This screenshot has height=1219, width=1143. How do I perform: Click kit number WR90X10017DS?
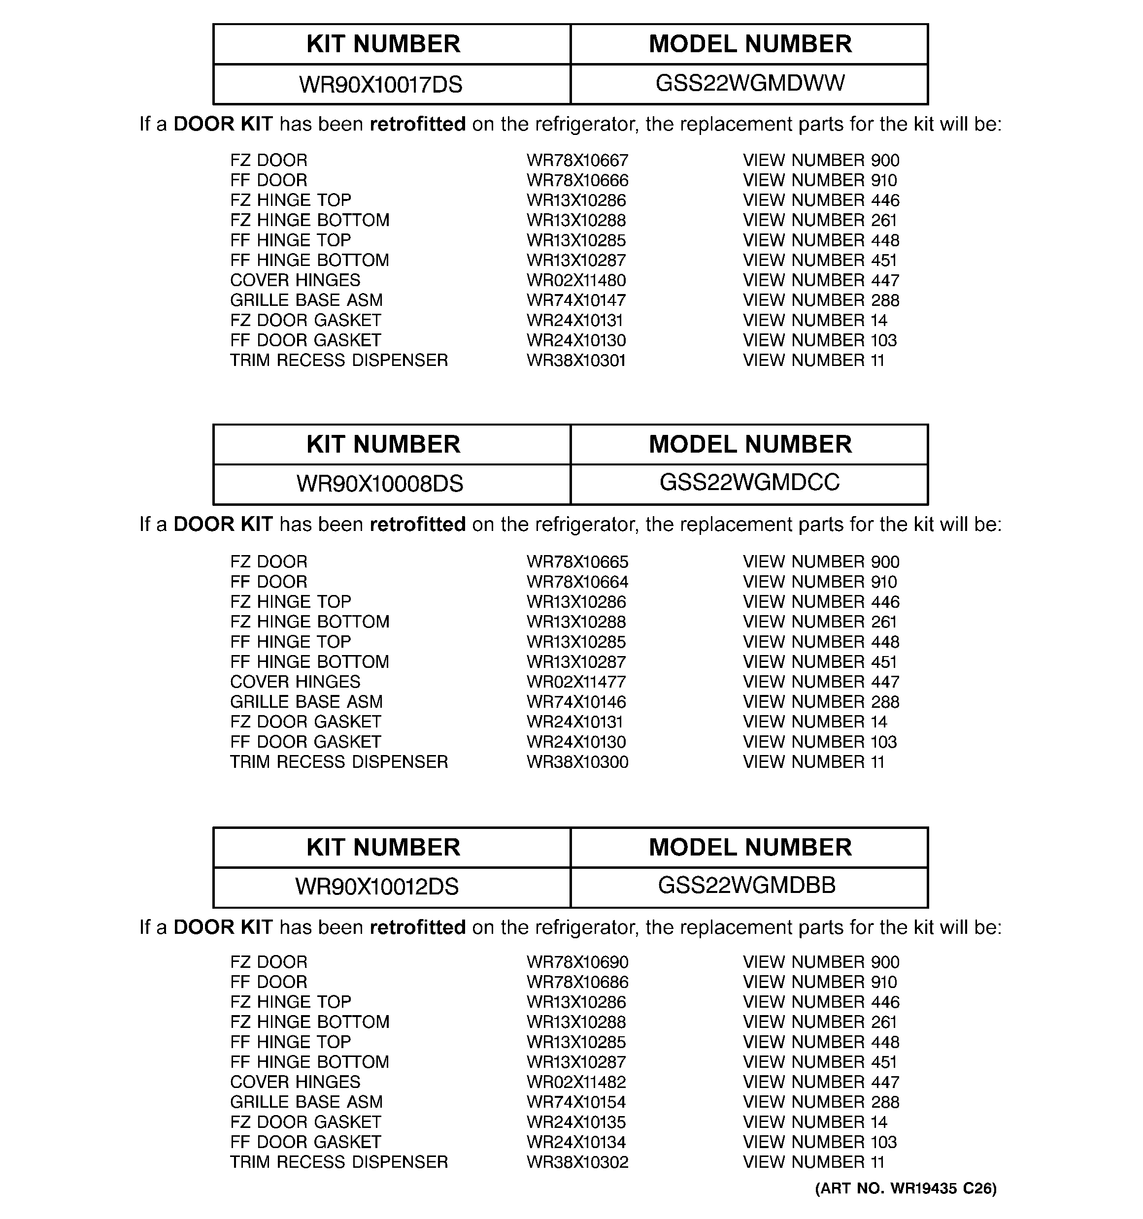pos(380,85)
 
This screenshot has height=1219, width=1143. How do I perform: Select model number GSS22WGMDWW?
pos(750,83)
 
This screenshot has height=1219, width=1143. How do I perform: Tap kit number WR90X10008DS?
pos(379,484)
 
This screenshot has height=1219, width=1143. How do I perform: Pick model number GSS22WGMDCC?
pos(749,483)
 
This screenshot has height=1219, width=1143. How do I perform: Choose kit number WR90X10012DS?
pos(377,887)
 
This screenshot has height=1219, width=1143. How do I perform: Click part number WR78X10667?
pos(577,161)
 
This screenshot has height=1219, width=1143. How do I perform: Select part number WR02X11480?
pos(576,281)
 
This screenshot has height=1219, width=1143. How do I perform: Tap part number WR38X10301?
pos(576,361)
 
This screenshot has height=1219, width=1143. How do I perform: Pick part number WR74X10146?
pos(576,702)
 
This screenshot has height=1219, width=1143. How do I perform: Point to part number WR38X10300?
pos(577,762)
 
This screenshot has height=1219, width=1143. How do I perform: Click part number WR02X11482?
pos(576,1082)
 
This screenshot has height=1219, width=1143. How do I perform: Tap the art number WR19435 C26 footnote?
pos(906,1189)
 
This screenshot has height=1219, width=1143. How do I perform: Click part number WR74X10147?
pos(576,300)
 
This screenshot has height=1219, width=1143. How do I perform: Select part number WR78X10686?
pos(577,982)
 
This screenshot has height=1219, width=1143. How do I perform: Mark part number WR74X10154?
pos(576,1102)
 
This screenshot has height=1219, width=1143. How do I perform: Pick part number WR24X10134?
pos(576,1142)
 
